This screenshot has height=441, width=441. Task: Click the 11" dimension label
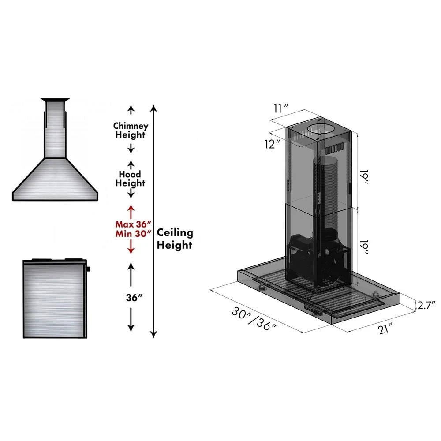[x=280, y=107]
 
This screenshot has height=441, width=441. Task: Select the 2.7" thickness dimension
[x=426, y=304]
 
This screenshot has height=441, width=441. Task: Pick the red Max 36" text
[x=131, y=224]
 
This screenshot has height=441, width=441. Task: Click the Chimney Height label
[x=131, y=130]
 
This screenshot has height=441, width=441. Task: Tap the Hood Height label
[x=131, y=178]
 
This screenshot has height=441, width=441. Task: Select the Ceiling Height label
[x=175, y=239]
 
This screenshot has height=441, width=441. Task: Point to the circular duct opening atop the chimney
[x=320, y=129]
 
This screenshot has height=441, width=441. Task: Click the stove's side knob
[x=89, y=269]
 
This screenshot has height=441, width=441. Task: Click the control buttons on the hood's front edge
[x=314, y=309]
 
